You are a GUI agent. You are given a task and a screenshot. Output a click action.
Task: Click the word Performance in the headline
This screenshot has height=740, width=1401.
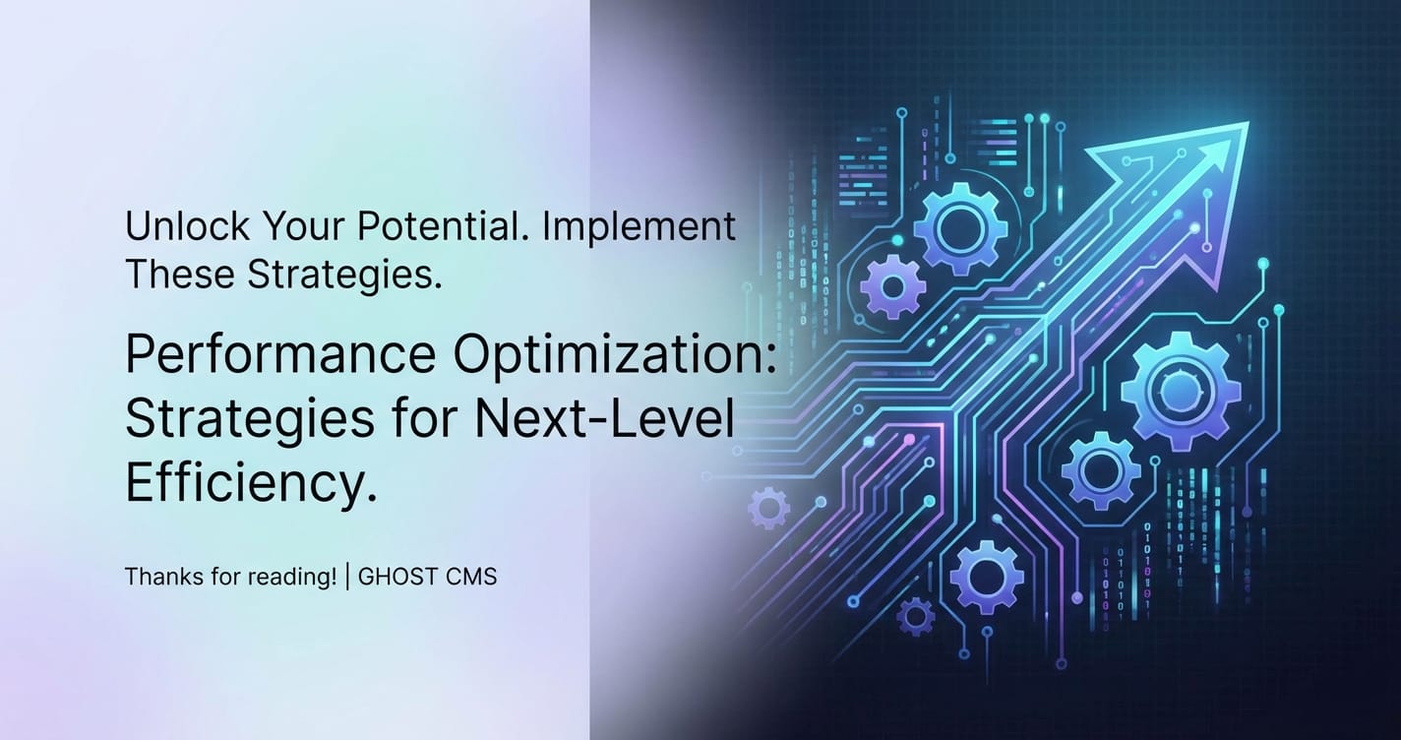[280, 354]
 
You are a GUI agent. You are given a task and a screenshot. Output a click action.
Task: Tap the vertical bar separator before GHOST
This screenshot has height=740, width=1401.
[347, 576]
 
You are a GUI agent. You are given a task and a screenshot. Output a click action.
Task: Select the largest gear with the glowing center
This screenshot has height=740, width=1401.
[1181, 391]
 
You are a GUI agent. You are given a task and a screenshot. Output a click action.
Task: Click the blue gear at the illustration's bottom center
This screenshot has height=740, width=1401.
[987, 577]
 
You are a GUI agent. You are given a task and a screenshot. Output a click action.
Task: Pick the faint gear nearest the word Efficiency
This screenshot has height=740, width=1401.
[768, 508]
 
